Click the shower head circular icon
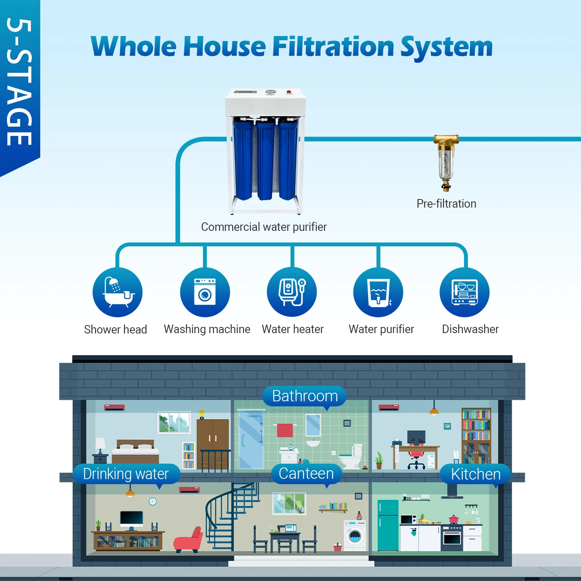117,292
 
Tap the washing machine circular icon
205,292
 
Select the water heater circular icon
292,292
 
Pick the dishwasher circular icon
464,292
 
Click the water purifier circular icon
378,292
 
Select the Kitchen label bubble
476,474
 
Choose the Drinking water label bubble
126,474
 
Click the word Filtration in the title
333,46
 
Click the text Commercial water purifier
264,227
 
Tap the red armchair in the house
189,540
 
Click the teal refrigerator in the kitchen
388,525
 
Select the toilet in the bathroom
351,457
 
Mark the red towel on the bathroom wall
285,430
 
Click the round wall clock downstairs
153,502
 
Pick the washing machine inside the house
355,535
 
